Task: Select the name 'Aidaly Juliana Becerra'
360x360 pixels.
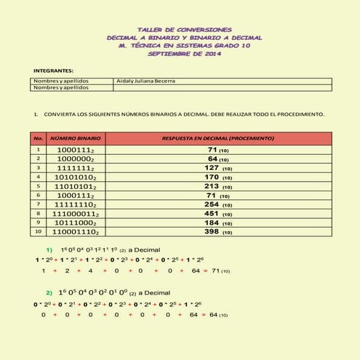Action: click(145, 81)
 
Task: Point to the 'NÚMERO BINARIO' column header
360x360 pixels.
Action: click(75, 137)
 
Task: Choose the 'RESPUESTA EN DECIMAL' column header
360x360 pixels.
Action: click(217, 137)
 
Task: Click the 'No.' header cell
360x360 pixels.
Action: click(39, 137)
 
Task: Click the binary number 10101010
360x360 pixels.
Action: click(75, 177)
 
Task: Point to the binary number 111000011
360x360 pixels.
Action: click(75, 214)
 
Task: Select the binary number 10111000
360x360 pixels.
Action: click(75, 223)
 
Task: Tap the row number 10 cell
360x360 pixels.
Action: click(39, 232)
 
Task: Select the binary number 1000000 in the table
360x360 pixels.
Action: click(75, 159)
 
